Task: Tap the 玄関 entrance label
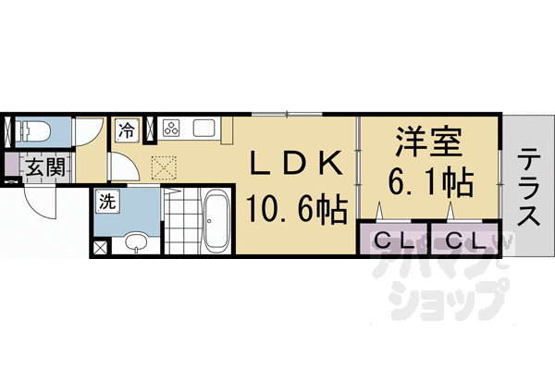pyautogui.click(x=43, y=167)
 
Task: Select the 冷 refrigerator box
pyautogui.click(x=127, y=129)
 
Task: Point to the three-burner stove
pyautogui.click(x=171, y=129)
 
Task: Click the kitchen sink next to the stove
pyautogui.click(x=203, y=129)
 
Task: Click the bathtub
pyautogui.click(x=217, y=222)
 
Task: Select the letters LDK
pyautogui.click(x=299, y=163)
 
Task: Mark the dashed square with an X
pyautogui.click(x=164, y=166)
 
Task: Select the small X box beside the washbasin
pyautogui.click(x=100, y=248)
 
